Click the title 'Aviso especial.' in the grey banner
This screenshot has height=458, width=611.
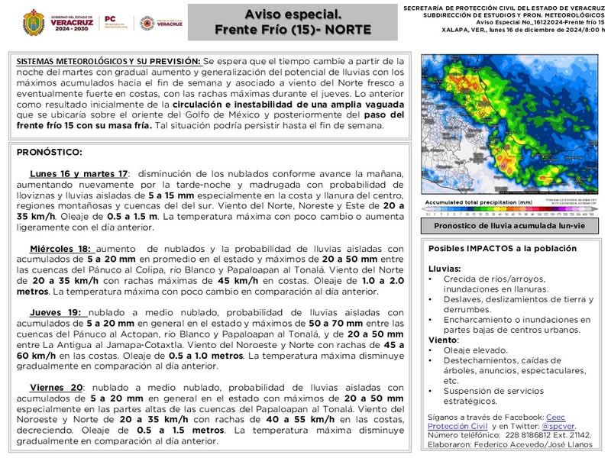293,14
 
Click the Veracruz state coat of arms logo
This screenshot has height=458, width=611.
33,22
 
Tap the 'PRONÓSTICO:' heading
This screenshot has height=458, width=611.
49,153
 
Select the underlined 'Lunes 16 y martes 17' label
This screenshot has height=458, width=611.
79,174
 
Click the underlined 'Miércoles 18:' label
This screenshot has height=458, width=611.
60,248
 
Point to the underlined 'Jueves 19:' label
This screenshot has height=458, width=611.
57,312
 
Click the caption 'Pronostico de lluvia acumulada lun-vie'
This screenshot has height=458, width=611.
509,226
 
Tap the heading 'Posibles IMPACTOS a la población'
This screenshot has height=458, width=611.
503,249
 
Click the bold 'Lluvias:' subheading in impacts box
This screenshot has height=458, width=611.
445,269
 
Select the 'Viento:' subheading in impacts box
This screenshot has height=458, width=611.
442,339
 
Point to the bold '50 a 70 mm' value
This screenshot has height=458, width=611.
335,323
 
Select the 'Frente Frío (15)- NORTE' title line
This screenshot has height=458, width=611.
293,30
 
